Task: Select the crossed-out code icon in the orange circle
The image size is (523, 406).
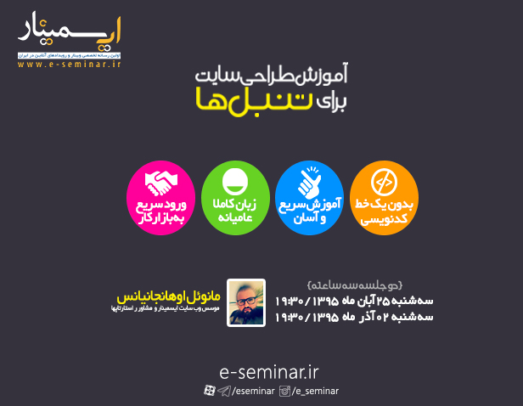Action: coord(385,181)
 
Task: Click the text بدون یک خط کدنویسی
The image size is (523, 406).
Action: coord(385,212)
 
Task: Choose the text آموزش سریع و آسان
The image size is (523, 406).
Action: coord(310,211)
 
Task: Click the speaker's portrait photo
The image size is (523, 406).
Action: coord(246,302)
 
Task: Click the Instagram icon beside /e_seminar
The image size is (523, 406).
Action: coord(286,391)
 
